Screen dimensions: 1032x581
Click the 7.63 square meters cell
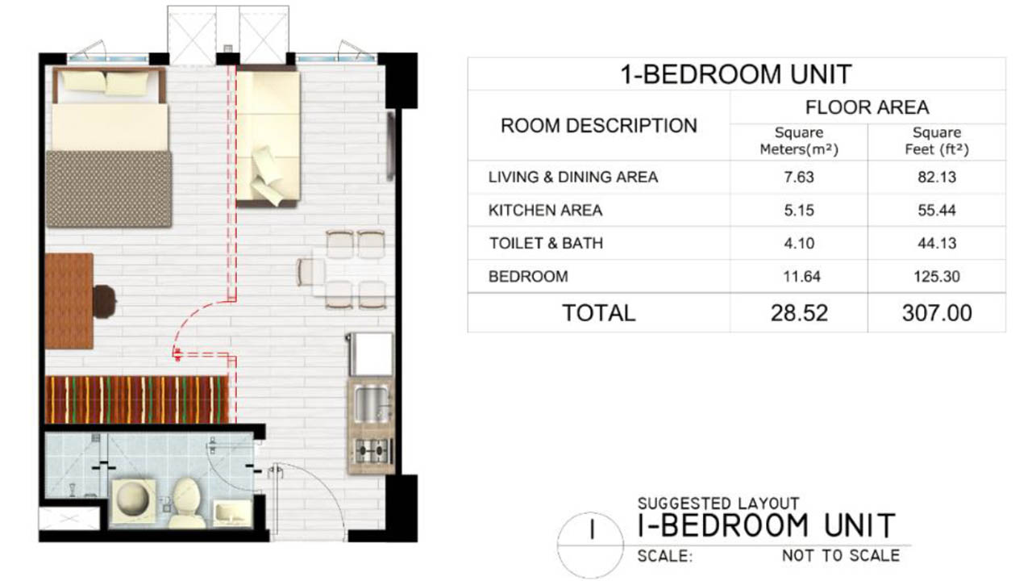pos(799,177)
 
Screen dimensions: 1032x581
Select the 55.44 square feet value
pos(937,211)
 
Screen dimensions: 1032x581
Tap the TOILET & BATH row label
pos(546,243)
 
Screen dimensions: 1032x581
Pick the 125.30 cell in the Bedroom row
pos(937,276)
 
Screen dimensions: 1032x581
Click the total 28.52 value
pos(799,313)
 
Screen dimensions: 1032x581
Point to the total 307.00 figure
pos(937,313)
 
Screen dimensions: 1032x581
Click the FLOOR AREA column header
pos(867,107)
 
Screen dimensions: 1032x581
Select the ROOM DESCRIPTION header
pos(599,125)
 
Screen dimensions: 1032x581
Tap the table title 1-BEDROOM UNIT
pos(736,74)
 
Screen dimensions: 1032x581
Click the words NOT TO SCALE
pos(841,556)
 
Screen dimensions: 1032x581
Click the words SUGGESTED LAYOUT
pos(718,503)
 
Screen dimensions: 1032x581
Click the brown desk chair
pos(104,302)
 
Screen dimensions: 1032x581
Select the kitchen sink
pos(372,404)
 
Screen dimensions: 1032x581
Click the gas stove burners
pos(372,450)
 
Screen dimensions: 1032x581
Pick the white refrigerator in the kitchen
pos(371,354)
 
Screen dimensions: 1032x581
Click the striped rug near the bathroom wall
pos(137,399)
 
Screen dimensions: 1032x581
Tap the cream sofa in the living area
pos(268,136)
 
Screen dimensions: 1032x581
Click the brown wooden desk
pos(69,301)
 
